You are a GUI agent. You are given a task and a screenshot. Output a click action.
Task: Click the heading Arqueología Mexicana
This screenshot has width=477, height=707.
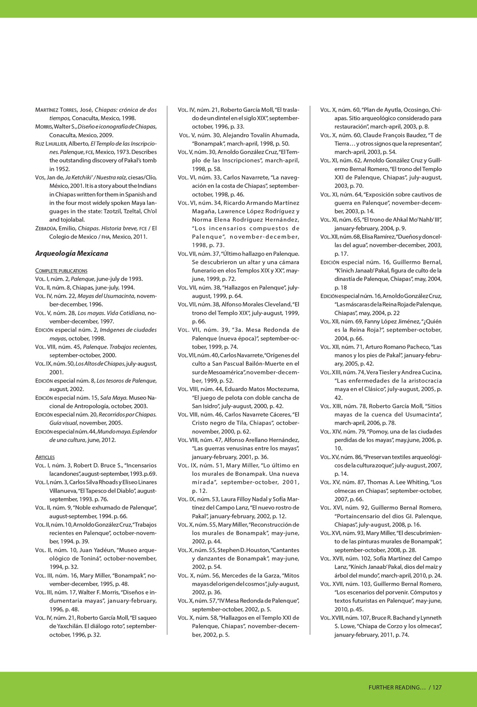pos(72,253)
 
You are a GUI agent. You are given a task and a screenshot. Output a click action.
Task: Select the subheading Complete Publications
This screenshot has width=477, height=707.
pos(61,271)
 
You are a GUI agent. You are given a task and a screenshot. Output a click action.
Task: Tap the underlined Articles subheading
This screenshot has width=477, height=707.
pos(45,457)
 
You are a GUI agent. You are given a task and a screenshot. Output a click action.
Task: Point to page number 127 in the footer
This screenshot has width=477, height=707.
pos(437,687)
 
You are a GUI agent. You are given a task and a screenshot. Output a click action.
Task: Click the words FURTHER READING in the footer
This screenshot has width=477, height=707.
pos(397,687)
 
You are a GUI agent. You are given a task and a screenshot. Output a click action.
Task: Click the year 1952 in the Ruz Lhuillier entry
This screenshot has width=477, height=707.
pos(56,169)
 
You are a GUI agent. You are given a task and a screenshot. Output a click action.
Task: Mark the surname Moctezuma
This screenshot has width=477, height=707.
pos(281,389)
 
